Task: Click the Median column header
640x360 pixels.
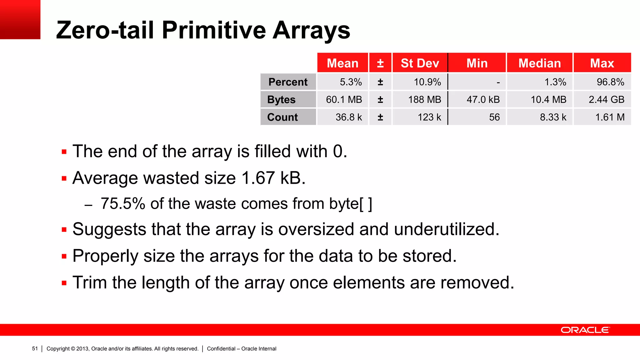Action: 540,63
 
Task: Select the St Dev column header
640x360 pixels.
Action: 420,63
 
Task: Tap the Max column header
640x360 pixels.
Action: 602,63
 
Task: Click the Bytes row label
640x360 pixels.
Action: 281,100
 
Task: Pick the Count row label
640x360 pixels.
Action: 282,117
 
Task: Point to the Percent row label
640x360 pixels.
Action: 288,82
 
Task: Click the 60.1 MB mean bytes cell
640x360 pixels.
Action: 344,100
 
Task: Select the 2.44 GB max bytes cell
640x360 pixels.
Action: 606,100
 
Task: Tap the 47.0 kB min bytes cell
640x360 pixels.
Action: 483,100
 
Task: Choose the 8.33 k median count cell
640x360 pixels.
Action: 553,117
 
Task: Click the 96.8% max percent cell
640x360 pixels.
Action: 610,82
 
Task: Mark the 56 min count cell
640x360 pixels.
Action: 494,117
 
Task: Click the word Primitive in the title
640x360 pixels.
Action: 214,30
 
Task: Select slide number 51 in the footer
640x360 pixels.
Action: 35,349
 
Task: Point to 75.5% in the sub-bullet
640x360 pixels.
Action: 123,204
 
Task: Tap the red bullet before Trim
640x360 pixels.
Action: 64,283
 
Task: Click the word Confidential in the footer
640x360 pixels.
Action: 221,349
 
